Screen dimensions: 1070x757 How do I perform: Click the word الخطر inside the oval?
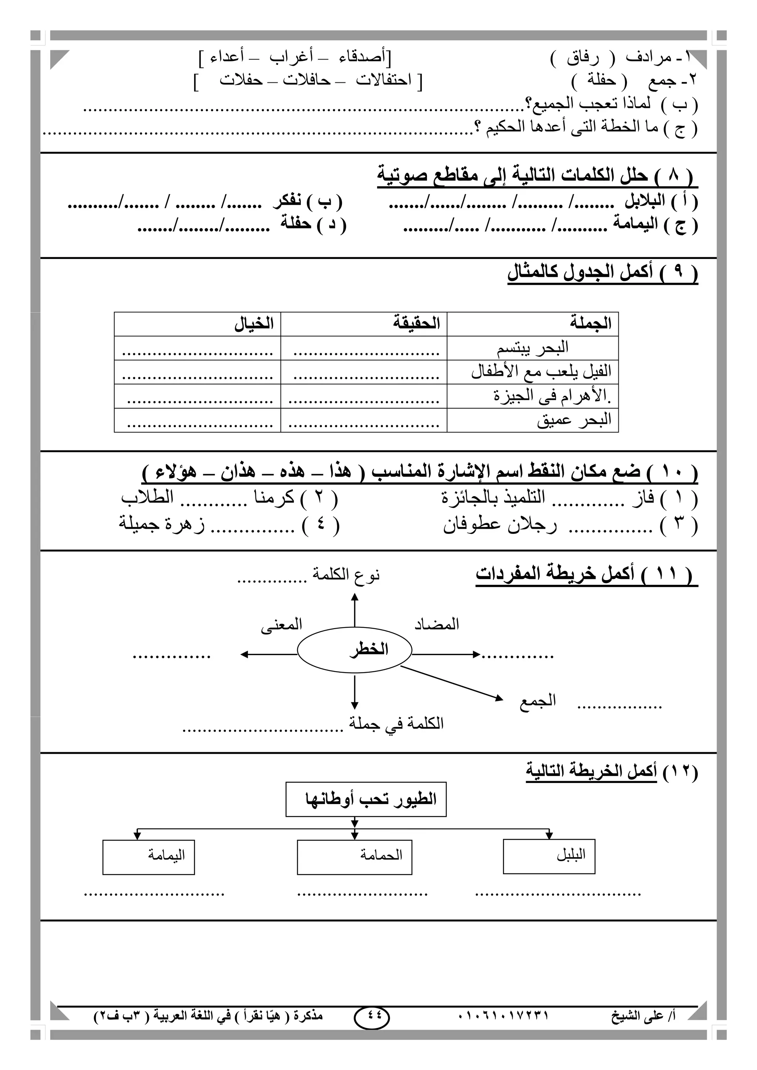[369, 649]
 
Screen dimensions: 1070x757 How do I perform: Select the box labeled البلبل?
[549, 856]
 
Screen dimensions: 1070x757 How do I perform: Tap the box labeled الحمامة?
[354, 856]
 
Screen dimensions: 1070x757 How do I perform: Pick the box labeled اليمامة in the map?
[148, 856]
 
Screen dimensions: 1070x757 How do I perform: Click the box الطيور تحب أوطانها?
[366, 799]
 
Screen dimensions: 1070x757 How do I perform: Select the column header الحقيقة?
[416, 323]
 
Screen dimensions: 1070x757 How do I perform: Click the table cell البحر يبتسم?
[532, 348]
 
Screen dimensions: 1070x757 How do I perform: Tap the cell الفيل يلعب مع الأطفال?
[541, 372]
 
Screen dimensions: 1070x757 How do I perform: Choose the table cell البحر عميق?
[574, 420]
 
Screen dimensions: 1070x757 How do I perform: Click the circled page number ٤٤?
[371, 1015]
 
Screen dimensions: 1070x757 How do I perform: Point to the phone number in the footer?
[502, 1015]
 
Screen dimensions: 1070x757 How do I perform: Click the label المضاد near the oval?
[437, 624]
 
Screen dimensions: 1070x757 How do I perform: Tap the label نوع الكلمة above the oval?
[346, 575]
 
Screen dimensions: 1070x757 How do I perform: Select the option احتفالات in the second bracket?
[384, 80]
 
